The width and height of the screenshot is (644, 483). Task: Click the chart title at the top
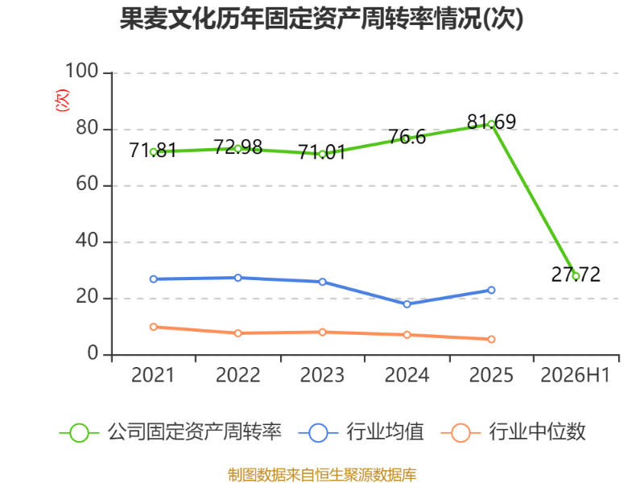pos(321,19)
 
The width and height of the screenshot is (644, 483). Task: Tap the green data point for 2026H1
pos(576,276)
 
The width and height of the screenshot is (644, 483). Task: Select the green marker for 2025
pos(491,124)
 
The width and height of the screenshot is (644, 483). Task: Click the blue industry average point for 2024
pos(407,304)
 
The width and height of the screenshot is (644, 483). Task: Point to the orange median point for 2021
pos(154,327)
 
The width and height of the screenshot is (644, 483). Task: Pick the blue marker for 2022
pos(237,278)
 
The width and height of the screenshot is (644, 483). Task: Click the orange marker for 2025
pos(491,339)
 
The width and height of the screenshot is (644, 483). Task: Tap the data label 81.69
pos(491,122)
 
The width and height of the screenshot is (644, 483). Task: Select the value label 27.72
pos(576,275)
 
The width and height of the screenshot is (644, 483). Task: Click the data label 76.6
pos(407,137)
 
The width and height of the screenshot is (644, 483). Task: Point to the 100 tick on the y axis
pos(82,71)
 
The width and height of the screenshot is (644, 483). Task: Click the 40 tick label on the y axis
pos(87,240)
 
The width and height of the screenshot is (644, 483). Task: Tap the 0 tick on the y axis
pos(93,353)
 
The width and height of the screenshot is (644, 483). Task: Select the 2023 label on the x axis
pos(323,375)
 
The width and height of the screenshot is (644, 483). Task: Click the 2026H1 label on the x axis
pos(576,375)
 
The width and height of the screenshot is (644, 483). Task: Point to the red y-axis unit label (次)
pos(63,100)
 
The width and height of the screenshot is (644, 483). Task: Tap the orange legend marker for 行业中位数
pos(460,433)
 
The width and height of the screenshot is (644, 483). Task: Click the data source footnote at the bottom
pos(322,475)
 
